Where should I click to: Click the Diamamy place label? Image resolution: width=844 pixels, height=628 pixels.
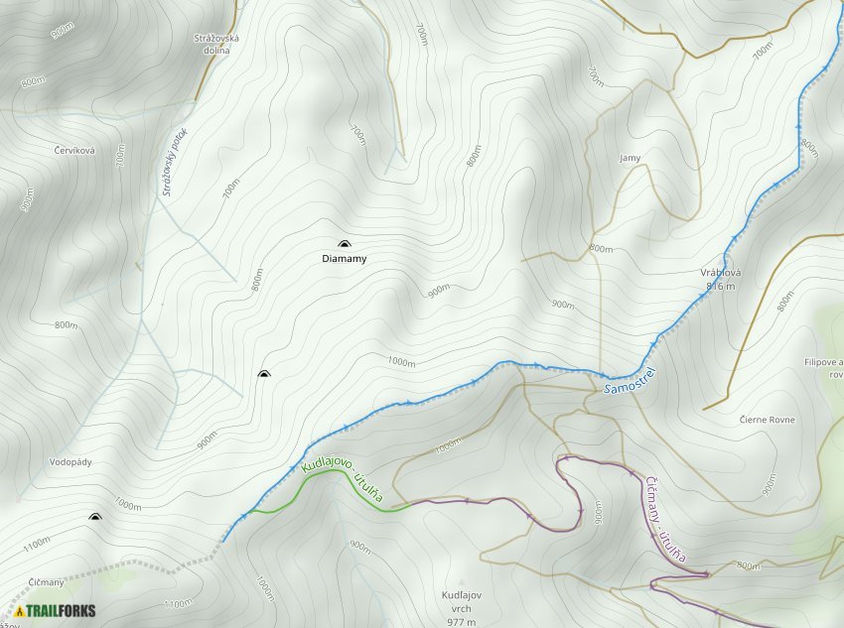tap(344, 259)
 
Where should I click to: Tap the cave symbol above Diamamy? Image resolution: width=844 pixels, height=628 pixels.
tap(344, 244)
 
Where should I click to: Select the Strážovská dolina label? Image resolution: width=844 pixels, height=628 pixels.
tap(216, 43)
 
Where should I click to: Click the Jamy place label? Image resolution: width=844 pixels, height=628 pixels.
tap(630, 158)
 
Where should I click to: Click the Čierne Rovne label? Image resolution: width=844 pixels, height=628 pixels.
tap(767, 420)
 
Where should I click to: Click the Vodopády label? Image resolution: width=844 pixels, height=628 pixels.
tap(70, 462)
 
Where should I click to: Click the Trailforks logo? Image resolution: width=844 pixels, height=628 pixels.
tap(56, 610)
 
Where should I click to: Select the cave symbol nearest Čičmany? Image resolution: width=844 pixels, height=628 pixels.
tap(95, 517)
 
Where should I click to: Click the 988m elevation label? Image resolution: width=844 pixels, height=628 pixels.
tap(62, 31)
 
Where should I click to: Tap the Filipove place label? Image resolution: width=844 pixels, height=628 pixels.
tap(823, 362)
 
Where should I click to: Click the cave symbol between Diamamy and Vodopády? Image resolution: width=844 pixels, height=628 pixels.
tap(263, 374)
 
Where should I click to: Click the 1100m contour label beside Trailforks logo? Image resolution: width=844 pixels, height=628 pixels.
tap(178, 603)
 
